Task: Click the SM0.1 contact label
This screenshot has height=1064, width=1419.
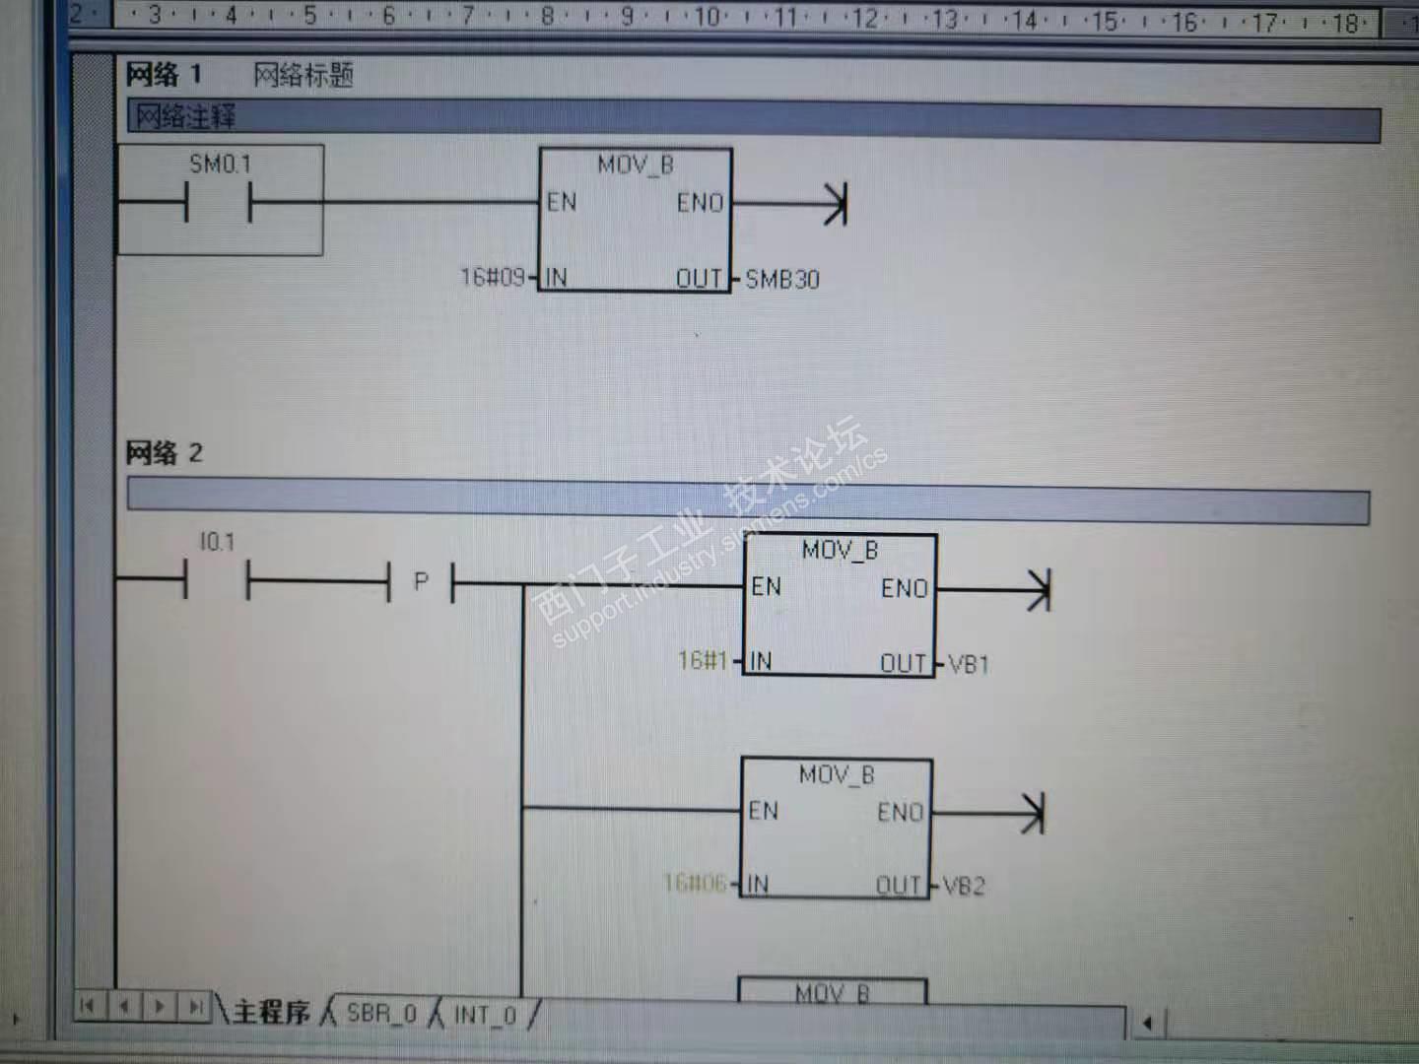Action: [x=220, y=164]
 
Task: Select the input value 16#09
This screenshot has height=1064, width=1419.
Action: [x=492, y=277]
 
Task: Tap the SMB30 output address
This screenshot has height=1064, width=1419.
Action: [x=782, y=280]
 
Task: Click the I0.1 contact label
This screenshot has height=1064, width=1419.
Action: [x=217, y=542]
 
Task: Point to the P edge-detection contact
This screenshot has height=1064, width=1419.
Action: [x=421, y=582]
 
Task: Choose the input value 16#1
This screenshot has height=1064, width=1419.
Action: [x=703, y=660]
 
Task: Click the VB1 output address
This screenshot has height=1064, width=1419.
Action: [x=969, y=664]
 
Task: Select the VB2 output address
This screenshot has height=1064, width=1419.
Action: [x=964, y=886]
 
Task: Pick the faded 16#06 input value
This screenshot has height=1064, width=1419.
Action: [x=695, y=883]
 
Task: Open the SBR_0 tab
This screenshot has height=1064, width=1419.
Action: [x=381, y=1013]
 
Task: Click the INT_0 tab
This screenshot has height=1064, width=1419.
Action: [x=485, y=1014]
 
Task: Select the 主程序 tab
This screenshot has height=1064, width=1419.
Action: [x=271, y=1012]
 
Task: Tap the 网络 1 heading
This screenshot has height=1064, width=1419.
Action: [x=164, y=74]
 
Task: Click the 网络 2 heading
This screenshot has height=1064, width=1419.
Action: [x=164, y=453]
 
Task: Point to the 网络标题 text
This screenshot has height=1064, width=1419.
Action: [x=304, y=75]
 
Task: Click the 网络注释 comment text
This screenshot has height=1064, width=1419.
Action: [x=185, y=117]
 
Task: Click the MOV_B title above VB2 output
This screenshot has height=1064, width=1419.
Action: [x=836, y=775]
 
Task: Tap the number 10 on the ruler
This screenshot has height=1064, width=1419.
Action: [x=708, y=17]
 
